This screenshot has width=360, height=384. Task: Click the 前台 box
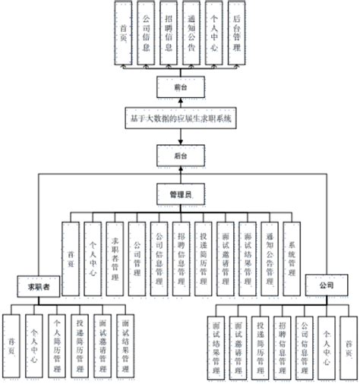pos(180,87)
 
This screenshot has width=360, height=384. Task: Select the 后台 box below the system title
pos(180,155)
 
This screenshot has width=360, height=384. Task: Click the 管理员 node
pos(180,195)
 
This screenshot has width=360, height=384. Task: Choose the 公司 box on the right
pos(326,286)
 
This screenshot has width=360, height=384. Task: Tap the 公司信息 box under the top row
pos(146,31)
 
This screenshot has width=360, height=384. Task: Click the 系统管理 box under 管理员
pos(292,259)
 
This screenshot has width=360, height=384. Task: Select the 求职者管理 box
pos(115,259)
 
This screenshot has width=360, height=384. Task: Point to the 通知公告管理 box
pos(270,259)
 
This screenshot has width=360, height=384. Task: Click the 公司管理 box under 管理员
pos(137,259)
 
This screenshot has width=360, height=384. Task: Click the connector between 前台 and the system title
pos(180,103)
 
